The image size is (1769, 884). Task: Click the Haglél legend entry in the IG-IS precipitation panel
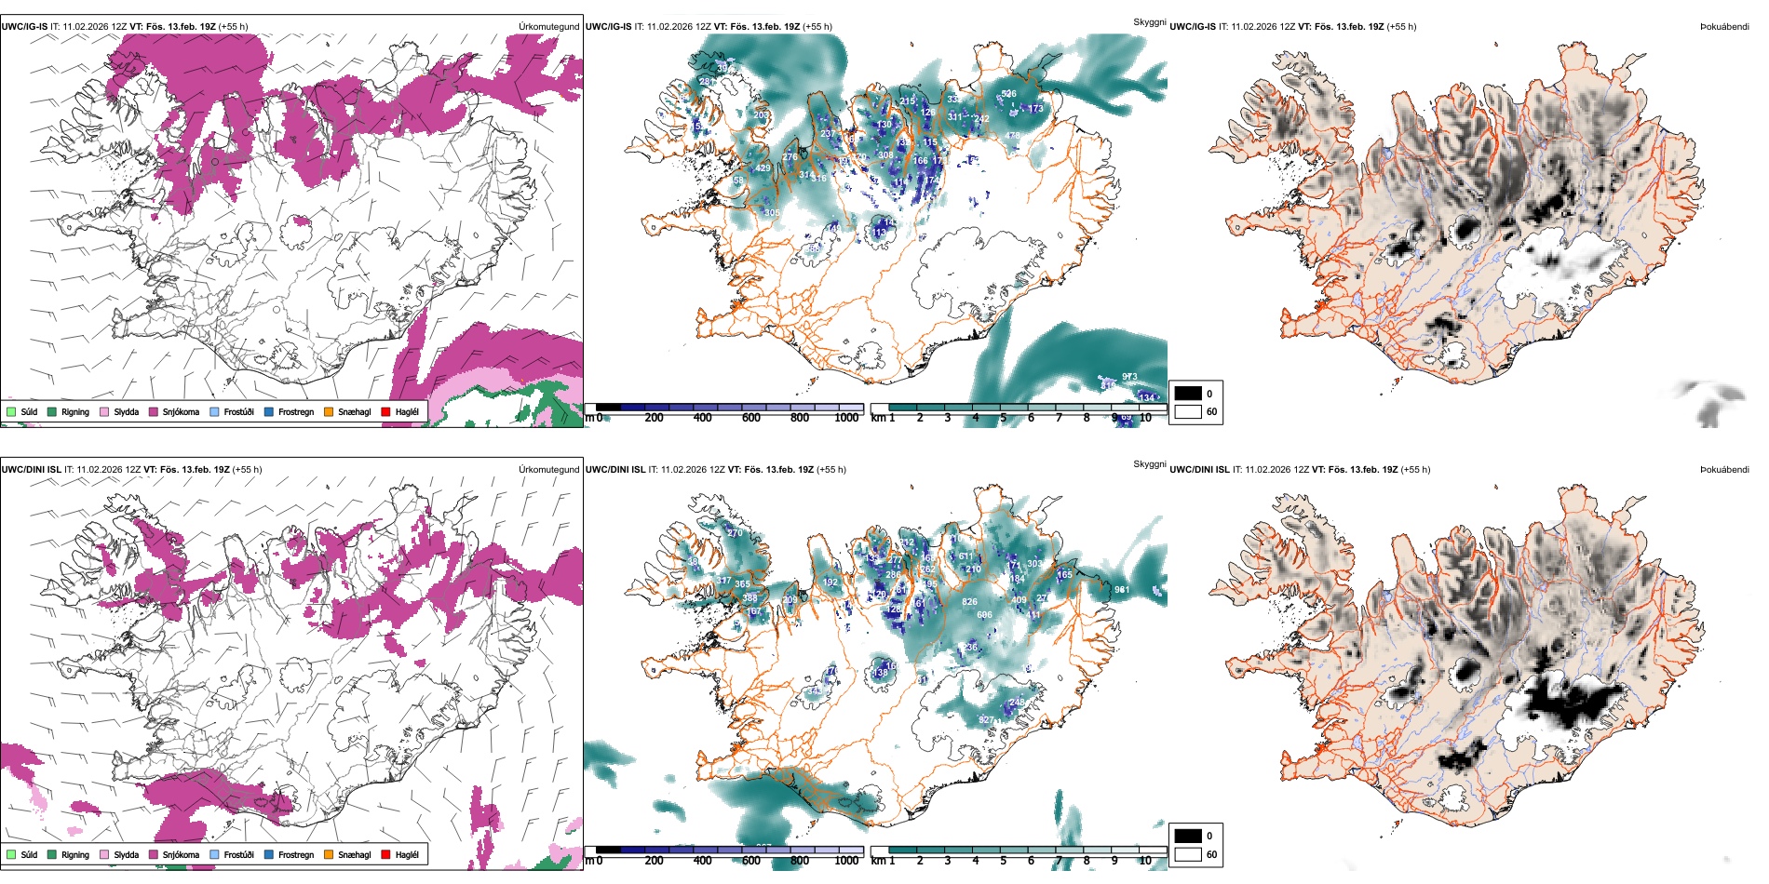406,411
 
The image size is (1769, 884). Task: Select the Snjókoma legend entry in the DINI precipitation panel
181,854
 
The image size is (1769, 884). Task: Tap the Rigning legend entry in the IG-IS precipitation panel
74,411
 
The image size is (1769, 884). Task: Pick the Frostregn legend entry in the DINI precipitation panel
295,854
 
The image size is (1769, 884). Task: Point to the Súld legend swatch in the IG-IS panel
11,411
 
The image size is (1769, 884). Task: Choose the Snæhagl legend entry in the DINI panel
354,854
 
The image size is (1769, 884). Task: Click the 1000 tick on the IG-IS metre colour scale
846,418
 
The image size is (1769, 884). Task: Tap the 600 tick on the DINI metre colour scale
751,861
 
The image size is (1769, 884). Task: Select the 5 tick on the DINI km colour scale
1003,861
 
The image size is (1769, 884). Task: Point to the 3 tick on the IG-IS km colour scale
948,418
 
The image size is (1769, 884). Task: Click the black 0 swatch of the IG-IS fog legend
1188,394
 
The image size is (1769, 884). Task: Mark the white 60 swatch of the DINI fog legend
1188,854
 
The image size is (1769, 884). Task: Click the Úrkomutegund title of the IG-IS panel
548,27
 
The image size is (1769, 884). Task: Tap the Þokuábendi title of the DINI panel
1724,470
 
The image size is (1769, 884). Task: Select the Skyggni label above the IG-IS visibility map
1149,21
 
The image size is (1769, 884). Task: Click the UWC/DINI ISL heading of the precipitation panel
31,470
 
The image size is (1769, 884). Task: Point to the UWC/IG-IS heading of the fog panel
1193,27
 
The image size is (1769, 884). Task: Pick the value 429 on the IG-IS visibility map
763,168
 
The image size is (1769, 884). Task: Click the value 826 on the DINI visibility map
969,602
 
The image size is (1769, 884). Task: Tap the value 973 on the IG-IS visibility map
1129,377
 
